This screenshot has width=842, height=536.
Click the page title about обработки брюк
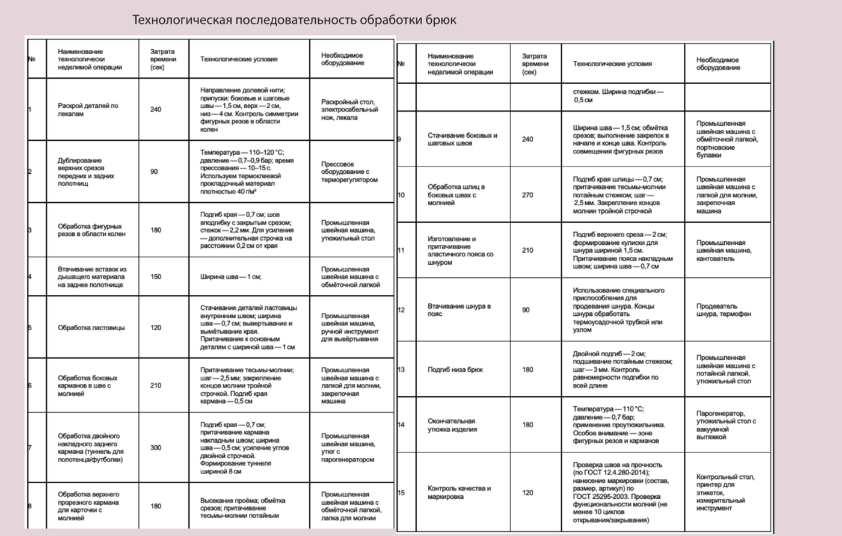(x=294, y=20)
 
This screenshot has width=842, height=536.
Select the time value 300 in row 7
(x=156, y=448)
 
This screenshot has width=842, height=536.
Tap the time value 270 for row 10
(x=527, y=195)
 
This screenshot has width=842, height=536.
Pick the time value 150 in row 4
(x=156, y=277)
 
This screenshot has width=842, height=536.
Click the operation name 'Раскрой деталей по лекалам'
(x=88, y=109)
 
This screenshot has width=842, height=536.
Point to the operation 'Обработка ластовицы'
(x=91, y=328)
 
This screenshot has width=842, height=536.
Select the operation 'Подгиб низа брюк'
(x=455, y=369)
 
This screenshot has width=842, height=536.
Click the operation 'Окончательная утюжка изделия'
(x=452, y=425)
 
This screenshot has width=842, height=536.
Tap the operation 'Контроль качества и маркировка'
(x=459, y=492)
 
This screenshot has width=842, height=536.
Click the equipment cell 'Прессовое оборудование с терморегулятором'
(x=349, y=171)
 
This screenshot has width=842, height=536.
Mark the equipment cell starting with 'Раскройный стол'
(x=349, y=109)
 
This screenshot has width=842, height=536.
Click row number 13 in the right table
(x=401, y=369)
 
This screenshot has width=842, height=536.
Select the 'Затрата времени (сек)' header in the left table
(x=163, y=59)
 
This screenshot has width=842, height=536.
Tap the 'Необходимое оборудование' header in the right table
(x=718, y=64)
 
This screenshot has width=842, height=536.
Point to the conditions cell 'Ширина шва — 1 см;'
(x=231, y=277)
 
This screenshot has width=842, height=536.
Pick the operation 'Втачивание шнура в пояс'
(x=459, y=310)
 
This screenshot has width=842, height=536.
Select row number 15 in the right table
(x=401, y=493)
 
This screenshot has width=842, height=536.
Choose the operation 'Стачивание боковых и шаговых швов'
(x=462, y=139)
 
